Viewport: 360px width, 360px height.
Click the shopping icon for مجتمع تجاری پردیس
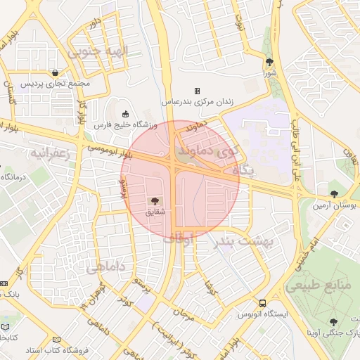(x=56, y=72)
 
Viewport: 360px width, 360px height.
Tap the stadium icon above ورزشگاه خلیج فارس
(x=126, y=114)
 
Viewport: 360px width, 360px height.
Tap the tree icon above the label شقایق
(x=155, y=200)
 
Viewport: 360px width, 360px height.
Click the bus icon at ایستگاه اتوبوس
(x=262, y=303)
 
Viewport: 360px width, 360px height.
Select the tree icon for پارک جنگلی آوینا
(x=334, y=321)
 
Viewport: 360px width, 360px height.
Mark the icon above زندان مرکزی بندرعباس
(x=198, y=91)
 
